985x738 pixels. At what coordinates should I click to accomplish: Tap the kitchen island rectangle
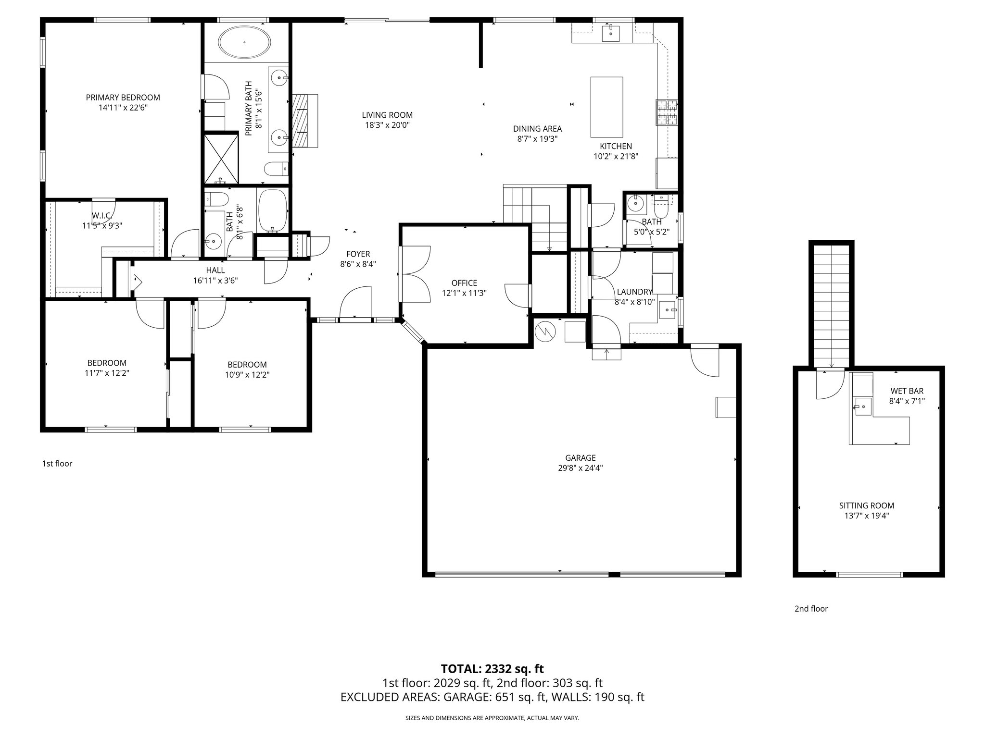[x=606, y=107]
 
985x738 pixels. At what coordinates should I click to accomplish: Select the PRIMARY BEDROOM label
[x=123, y=98]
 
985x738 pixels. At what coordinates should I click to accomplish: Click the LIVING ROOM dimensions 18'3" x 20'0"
[x=387, y=125]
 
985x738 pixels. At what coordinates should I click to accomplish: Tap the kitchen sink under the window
[x=611, y=33]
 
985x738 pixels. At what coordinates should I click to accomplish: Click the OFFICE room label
[x=464, y=283]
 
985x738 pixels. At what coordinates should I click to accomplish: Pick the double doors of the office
[x=415, y=274]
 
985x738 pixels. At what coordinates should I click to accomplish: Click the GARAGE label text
[x=581, y=458]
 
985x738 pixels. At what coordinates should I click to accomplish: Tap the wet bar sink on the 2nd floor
[x=863, y=406]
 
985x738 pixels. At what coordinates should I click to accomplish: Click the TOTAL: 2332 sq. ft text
[x=492, y=668]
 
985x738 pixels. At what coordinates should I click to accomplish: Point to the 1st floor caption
[x=57, y=464]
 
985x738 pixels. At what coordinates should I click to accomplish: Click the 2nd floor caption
[x=811, y=609]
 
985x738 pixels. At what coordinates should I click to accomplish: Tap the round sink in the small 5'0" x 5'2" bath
[x=636, y=203]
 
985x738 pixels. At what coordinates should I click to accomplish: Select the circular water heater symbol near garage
[x=545, y=331]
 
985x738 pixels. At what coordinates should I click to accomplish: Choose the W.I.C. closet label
[x=102, y=215]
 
